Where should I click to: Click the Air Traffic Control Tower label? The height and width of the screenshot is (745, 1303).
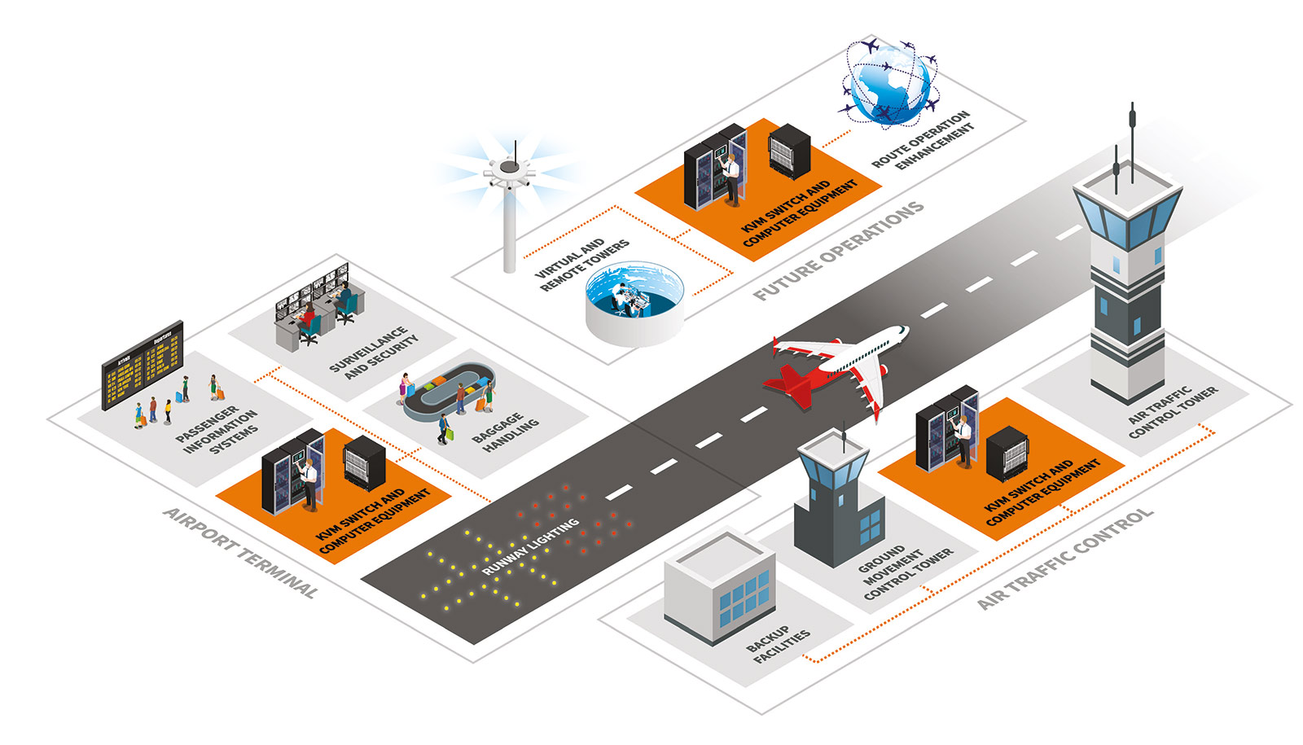pos(1173,411)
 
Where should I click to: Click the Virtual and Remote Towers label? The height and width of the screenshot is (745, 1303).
pos(582,264)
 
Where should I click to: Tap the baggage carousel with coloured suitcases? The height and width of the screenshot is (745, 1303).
pos(449,392)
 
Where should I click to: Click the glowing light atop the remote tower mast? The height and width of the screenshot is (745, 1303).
pos(510,168)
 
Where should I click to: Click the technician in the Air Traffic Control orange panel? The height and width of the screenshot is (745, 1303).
pos(964,440)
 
